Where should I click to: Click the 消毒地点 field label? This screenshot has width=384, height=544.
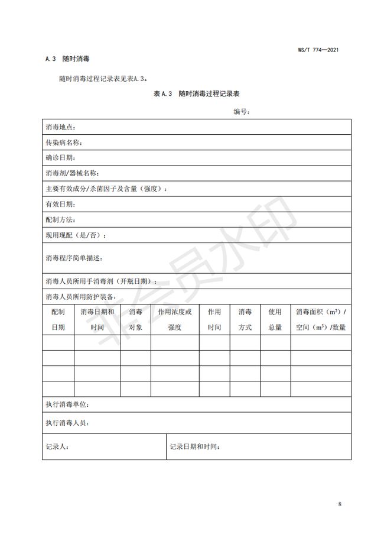coord(60,127)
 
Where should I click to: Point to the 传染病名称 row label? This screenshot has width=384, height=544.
coord(64,143)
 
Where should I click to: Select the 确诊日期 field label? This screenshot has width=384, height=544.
coord(60,158)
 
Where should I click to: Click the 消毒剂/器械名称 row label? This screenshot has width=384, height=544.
coord(72,173)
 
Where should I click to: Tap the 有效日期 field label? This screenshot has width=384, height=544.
coord(60,204)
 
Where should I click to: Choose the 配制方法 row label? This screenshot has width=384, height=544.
coord(60,219)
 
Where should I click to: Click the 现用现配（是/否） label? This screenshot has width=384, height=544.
coord(76,235)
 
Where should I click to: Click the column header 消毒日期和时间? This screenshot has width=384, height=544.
coord(97,319)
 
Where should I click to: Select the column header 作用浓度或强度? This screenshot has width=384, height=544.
coord(174,319)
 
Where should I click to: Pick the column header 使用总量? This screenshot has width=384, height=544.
coord(275,319)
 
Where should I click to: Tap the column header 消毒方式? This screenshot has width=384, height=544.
coord(245,319)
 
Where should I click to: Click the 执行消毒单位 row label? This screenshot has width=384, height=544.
coord(67,405)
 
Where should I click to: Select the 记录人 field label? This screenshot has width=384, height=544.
coord(57,447)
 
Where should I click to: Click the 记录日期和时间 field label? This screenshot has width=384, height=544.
coord(195,447)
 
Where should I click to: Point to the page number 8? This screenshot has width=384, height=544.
coord(340,504)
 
